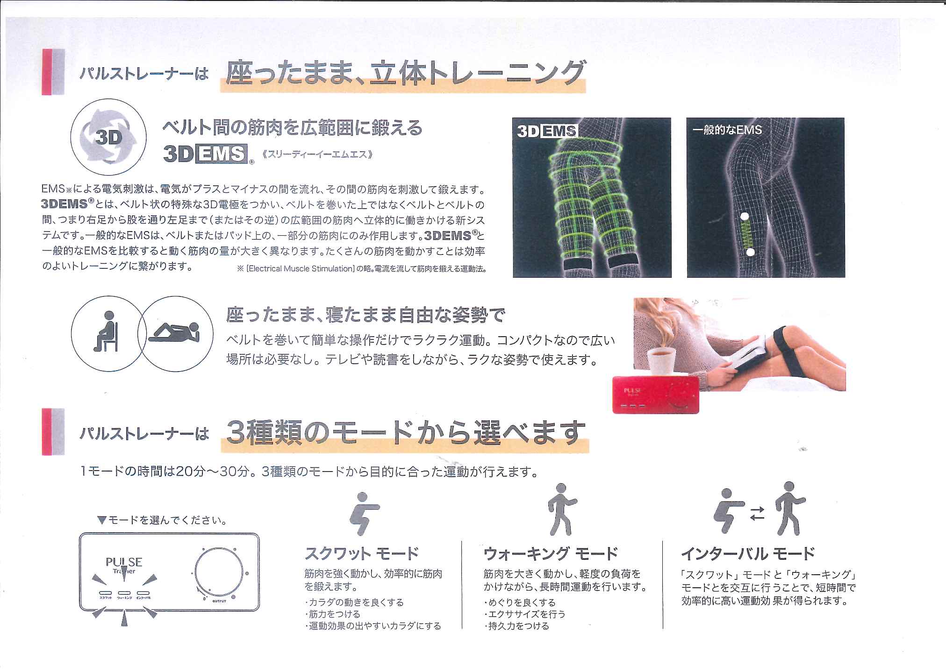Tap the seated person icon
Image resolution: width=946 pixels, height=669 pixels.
[107, 332]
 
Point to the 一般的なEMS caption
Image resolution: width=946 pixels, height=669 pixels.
[727, 130]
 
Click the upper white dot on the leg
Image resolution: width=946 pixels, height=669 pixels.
[745, 217]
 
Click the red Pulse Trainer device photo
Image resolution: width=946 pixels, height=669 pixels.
[655, 394]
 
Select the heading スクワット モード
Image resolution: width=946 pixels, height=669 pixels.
[361, 554]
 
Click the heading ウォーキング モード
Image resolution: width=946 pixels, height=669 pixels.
[551, 554]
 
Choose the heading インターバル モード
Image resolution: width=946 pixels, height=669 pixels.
[748, 554]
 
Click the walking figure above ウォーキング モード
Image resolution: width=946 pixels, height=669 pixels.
[561, 509]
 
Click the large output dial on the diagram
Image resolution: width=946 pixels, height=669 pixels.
[218, 573]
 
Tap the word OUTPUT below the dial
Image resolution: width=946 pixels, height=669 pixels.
[219, 601]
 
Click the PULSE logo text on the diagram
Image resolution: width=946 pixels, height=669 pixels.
[124, 562]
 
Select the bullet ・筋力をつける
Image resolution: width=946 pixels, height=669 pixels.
[333, 614]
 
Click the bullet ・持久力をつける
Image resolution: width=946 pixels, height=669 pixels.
[517, 626]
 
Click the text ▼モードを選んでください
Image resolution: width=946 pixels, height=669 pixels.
[161, 520]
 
